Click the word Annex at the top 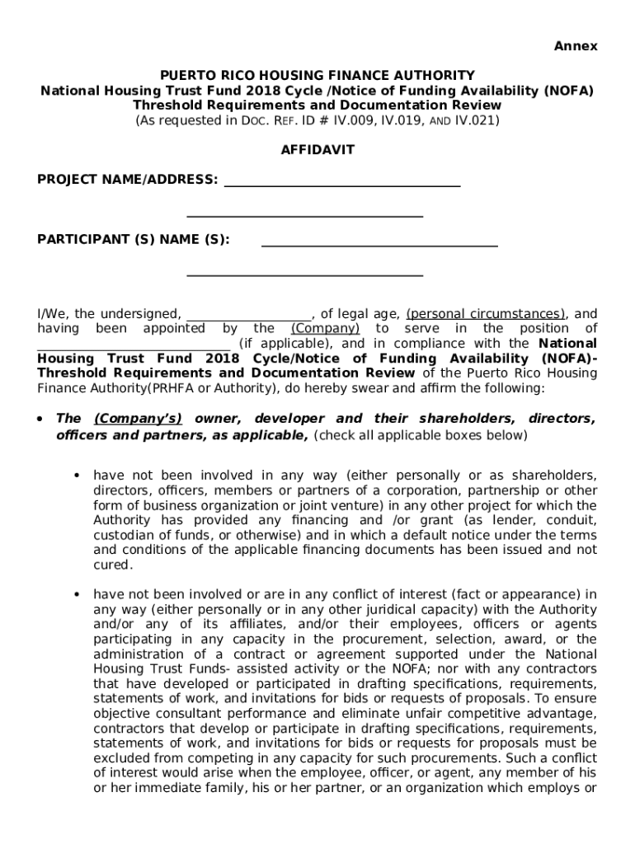point(575,46)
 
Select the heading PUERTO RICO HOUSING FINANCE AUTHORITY point(317,76)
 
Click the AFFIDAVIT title point(317,150)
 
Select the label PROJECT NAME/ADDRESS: point(128,180)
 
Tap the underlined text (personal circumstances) point(486,314)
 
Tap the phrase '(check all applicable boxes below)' point(420,435)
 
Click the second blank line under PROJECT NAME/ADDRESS point(305,214)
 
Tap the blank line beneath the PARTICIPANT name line point(305,274)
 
